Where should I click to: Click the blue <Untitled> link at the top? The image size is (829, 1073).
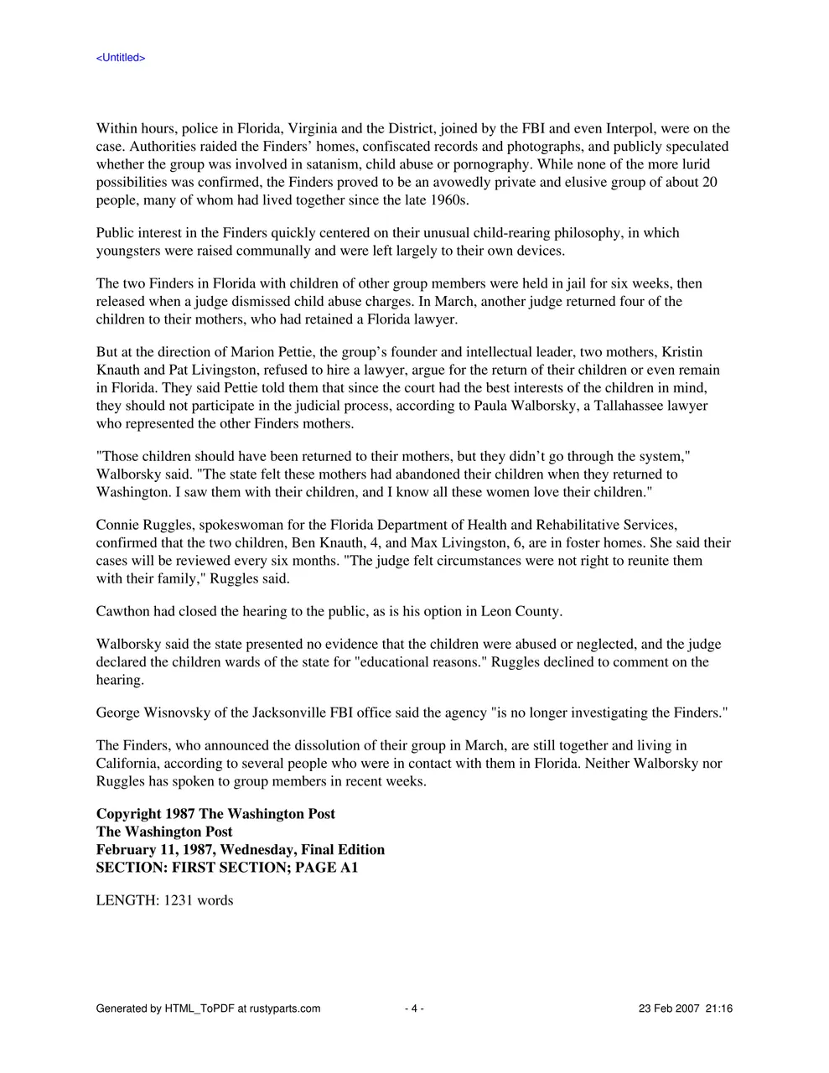click(121, 58)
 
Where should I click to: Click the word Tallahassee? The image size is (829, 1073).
click(620, 406)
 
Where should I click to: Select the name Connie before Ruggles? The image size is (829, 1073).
click(119, 526)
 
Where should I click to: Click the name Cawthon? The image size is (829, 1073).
click(123, 612)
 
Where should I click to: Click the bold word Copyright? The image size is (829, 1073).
click(128, 814)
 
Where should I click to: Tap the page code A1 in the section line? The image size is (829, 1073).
click(349, 868)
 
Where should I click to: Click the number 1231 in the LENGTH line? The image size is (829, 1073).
click(178, 901)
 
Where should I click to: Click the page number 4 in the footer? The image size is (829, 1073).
click(414, 1008)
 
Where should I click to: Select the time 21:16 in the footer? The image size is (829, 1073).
click(719, 1008)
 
